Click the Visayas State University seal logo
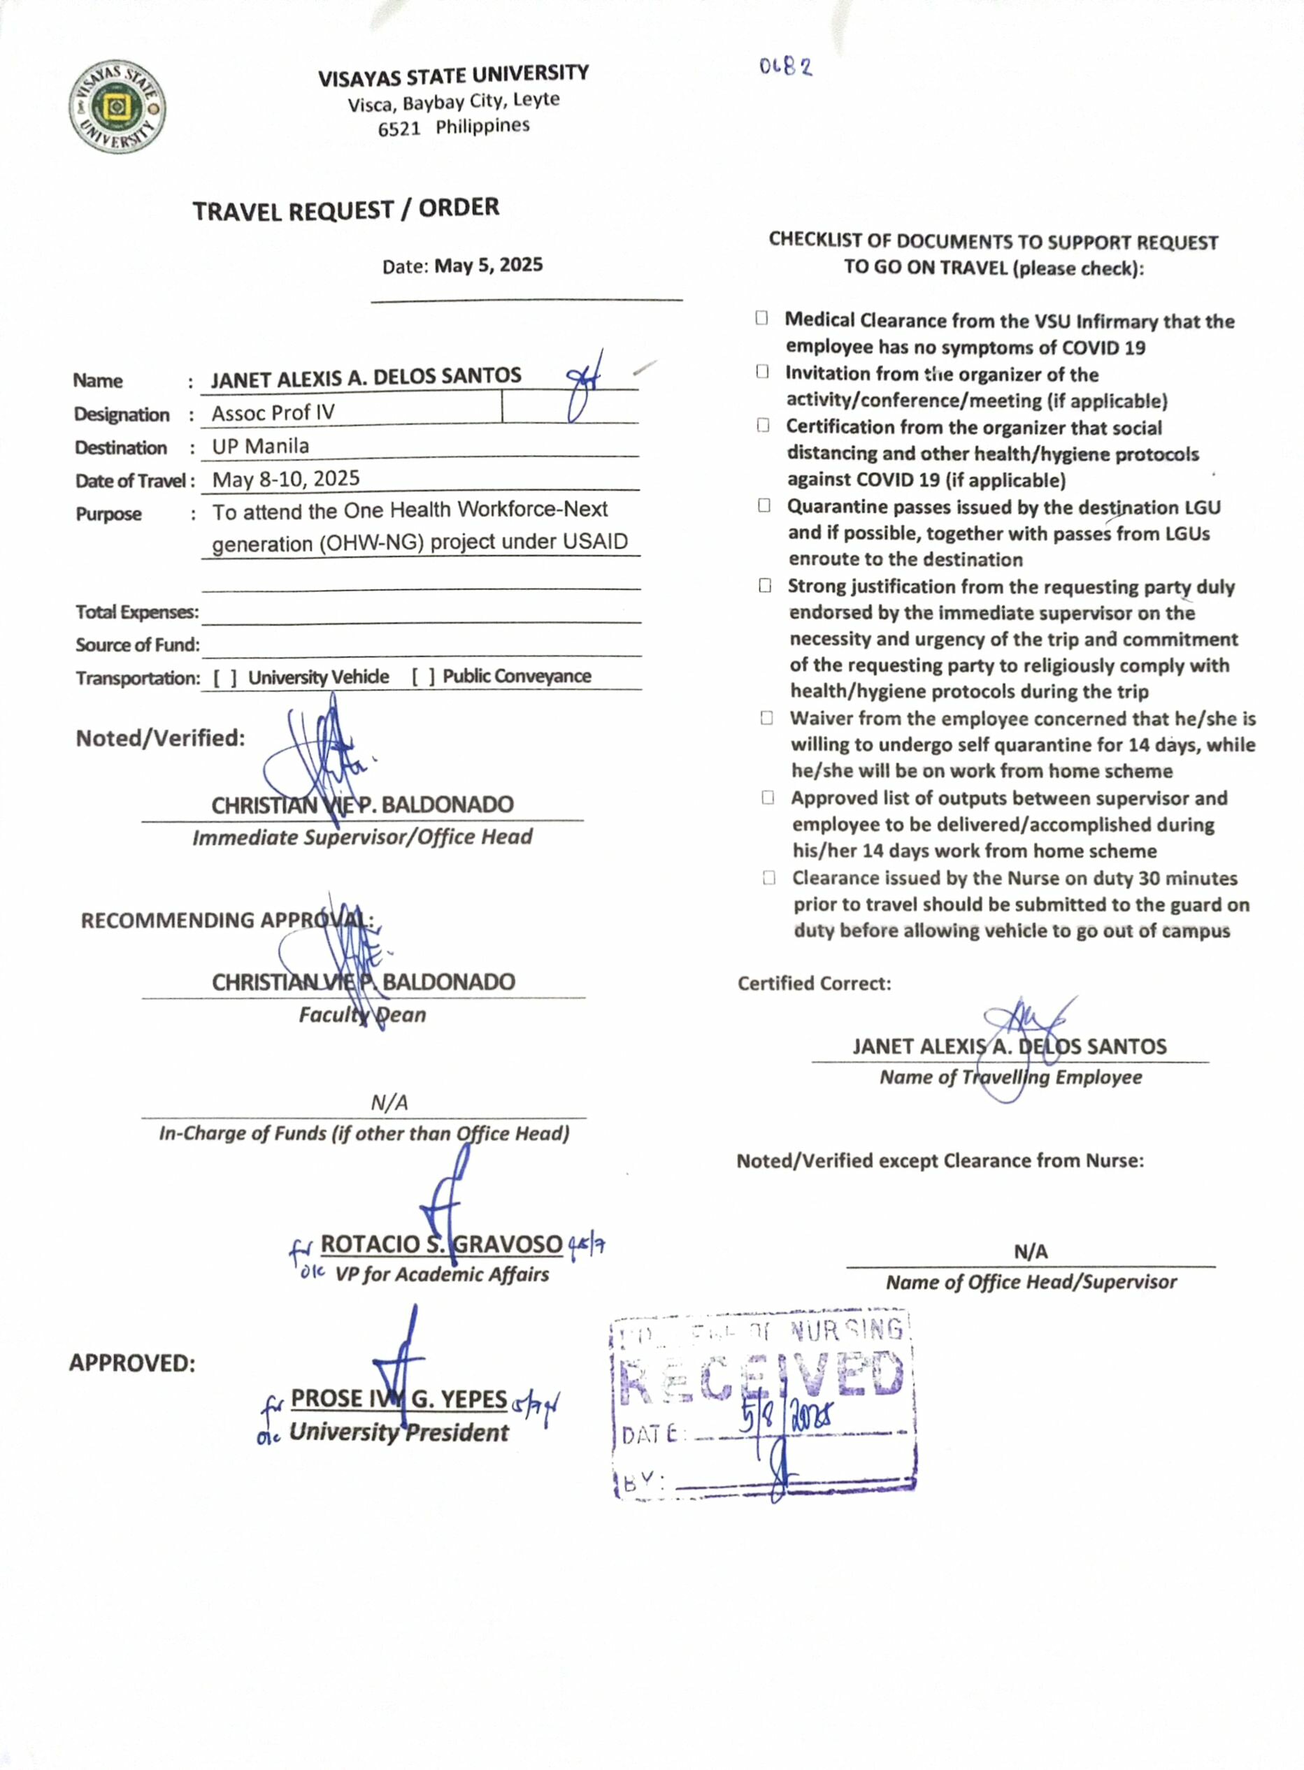pyautogui.click(x=117, y=108)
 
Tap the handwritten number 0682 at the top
pyautogui.click(x=785, y=67)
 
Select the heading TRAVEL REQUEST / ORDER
pyautogui.click(x=345, y=210)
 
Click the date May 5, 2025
pyautogui.click(x=488, y=265)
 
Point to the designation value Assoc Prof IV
pyautogui.click(x=273, y=412)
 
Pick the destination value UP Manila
pyautogui.click(x=261, y=447)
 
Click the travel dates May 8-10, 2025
pyautogui.click(x=286, y=479)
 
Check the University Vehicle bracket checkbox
pyautogui.click(x=225, y=678)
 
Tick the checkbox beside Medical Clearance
pyautogui.click(x=761, y=318)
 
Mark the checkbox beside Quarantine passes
pyautogui.click(x=764, y=505)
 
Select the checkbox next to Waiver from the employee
pyautogui.click(x=766, y=717)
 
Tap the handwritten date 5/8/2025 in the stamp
pyautogui.click(x=786, y=1421)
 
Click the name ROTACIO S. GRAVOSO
pyautogui.click(x=441, y=1244)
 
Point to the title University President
pyautogui.click(x=399, y=1432)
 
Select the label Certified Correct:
pyautogui.click(x=814, y=984)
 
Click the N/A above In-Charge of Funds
pyautogui.click(x=389, y=1102)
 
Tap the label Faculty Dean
pyautogui.click(x=362, y=1015)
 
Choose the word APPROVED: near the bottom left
pyautogui.click(x=132, y=1363)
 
